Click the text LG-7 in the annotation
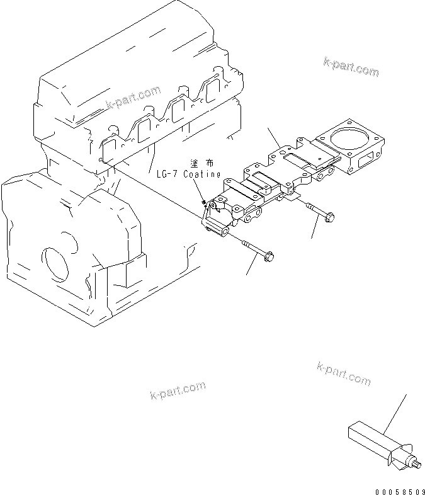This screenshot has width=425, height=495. [x=166, y=174]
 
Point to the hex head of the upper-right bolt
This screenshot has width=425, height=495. [x=331, y=218]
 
